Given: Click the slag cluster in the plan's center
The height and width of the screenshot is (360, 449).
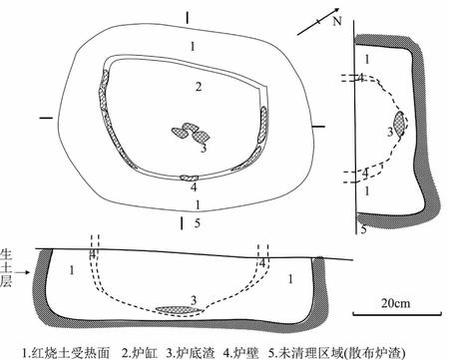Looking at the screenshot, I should click(x=189, y=133).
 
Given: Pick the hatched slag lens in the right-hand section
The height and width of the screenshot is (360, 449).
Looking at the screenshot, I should click(x=400, y=124).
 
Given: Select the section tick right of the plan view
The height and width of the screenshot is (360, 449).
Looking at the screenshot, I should click(x=318, y=126).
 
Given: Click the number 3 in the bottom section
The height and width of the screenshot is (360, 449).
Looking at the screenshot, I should click(x=193, y=297).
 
